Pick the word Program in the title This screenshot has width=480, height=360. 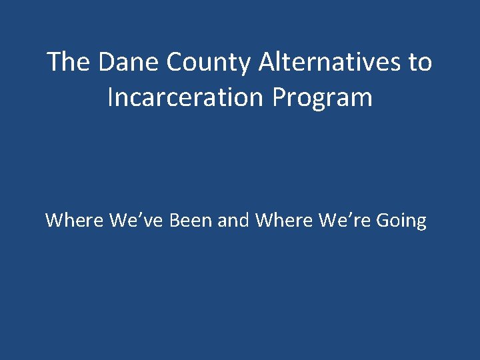tap(322, 98)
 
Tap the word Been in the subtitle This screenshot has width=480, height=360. tap(192, 220)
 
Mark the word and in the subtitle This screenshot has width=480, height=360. tap(234, 220)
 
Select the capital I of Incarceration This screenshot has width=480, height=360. tap(111, 97)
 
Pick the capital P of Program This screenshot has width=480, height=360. tap(279, 97)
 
